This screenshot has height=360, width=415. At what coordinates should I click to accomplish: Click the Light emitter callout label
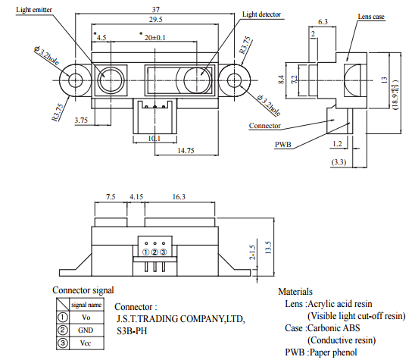34,10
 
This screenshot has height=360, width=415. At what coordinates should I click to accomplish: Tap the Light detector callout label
261,14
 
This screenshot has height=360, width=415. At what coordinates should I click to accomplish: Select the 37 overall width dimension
156,9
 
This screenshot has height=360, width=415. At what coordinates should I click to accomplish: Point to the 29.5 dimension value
155,20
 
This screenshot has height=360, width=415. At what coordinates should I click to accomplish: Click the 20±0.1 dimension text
154,37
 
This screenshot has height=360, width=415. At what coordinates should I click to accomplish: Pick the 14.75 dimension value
186,151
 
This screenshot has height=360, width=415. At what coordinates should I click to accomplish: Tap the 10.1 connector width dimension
154,138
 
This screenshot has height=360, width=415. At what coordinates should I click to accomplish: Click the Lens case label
371,17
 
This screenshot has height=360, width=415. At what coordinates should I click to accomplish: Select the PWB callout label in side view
283,144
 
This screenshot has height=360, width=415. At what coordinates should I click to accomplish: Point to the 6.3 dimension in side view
323,22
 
